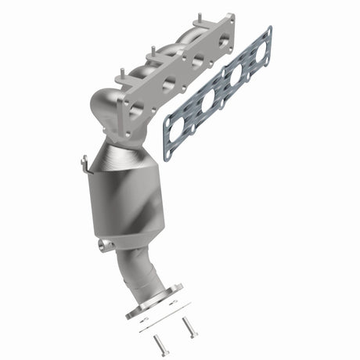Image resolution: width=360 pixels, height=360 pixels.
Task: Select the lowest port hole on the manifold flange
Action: (x=135, y=107)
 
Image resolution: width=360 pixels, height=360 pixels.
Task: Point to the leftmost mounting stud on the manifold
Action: (x=119, y=77)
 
